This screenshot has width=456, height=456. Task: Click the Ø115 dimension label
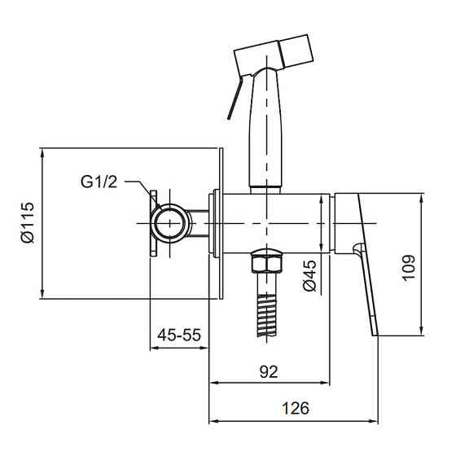(x=28, y=222)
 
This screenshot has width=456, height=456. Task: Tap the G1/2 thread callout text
(x=99, y=182)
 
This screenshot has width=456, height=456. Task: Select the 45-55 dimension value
(x=179, y=335)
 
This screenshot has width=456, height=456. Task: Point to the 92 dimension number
(x=269, y=371)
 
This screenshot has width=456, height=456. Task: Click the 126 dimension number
(x=296, y=408)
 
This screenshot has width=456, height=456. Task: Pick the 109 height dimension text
(x=409, y=267)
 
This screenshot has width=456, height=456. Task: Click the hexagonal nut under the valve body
(x=267, y=261)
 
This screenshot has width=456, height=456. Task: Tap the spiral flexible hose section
(x=267, y=315)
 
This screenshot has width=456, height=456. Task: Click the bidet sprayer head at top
(x=274, y=55)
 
